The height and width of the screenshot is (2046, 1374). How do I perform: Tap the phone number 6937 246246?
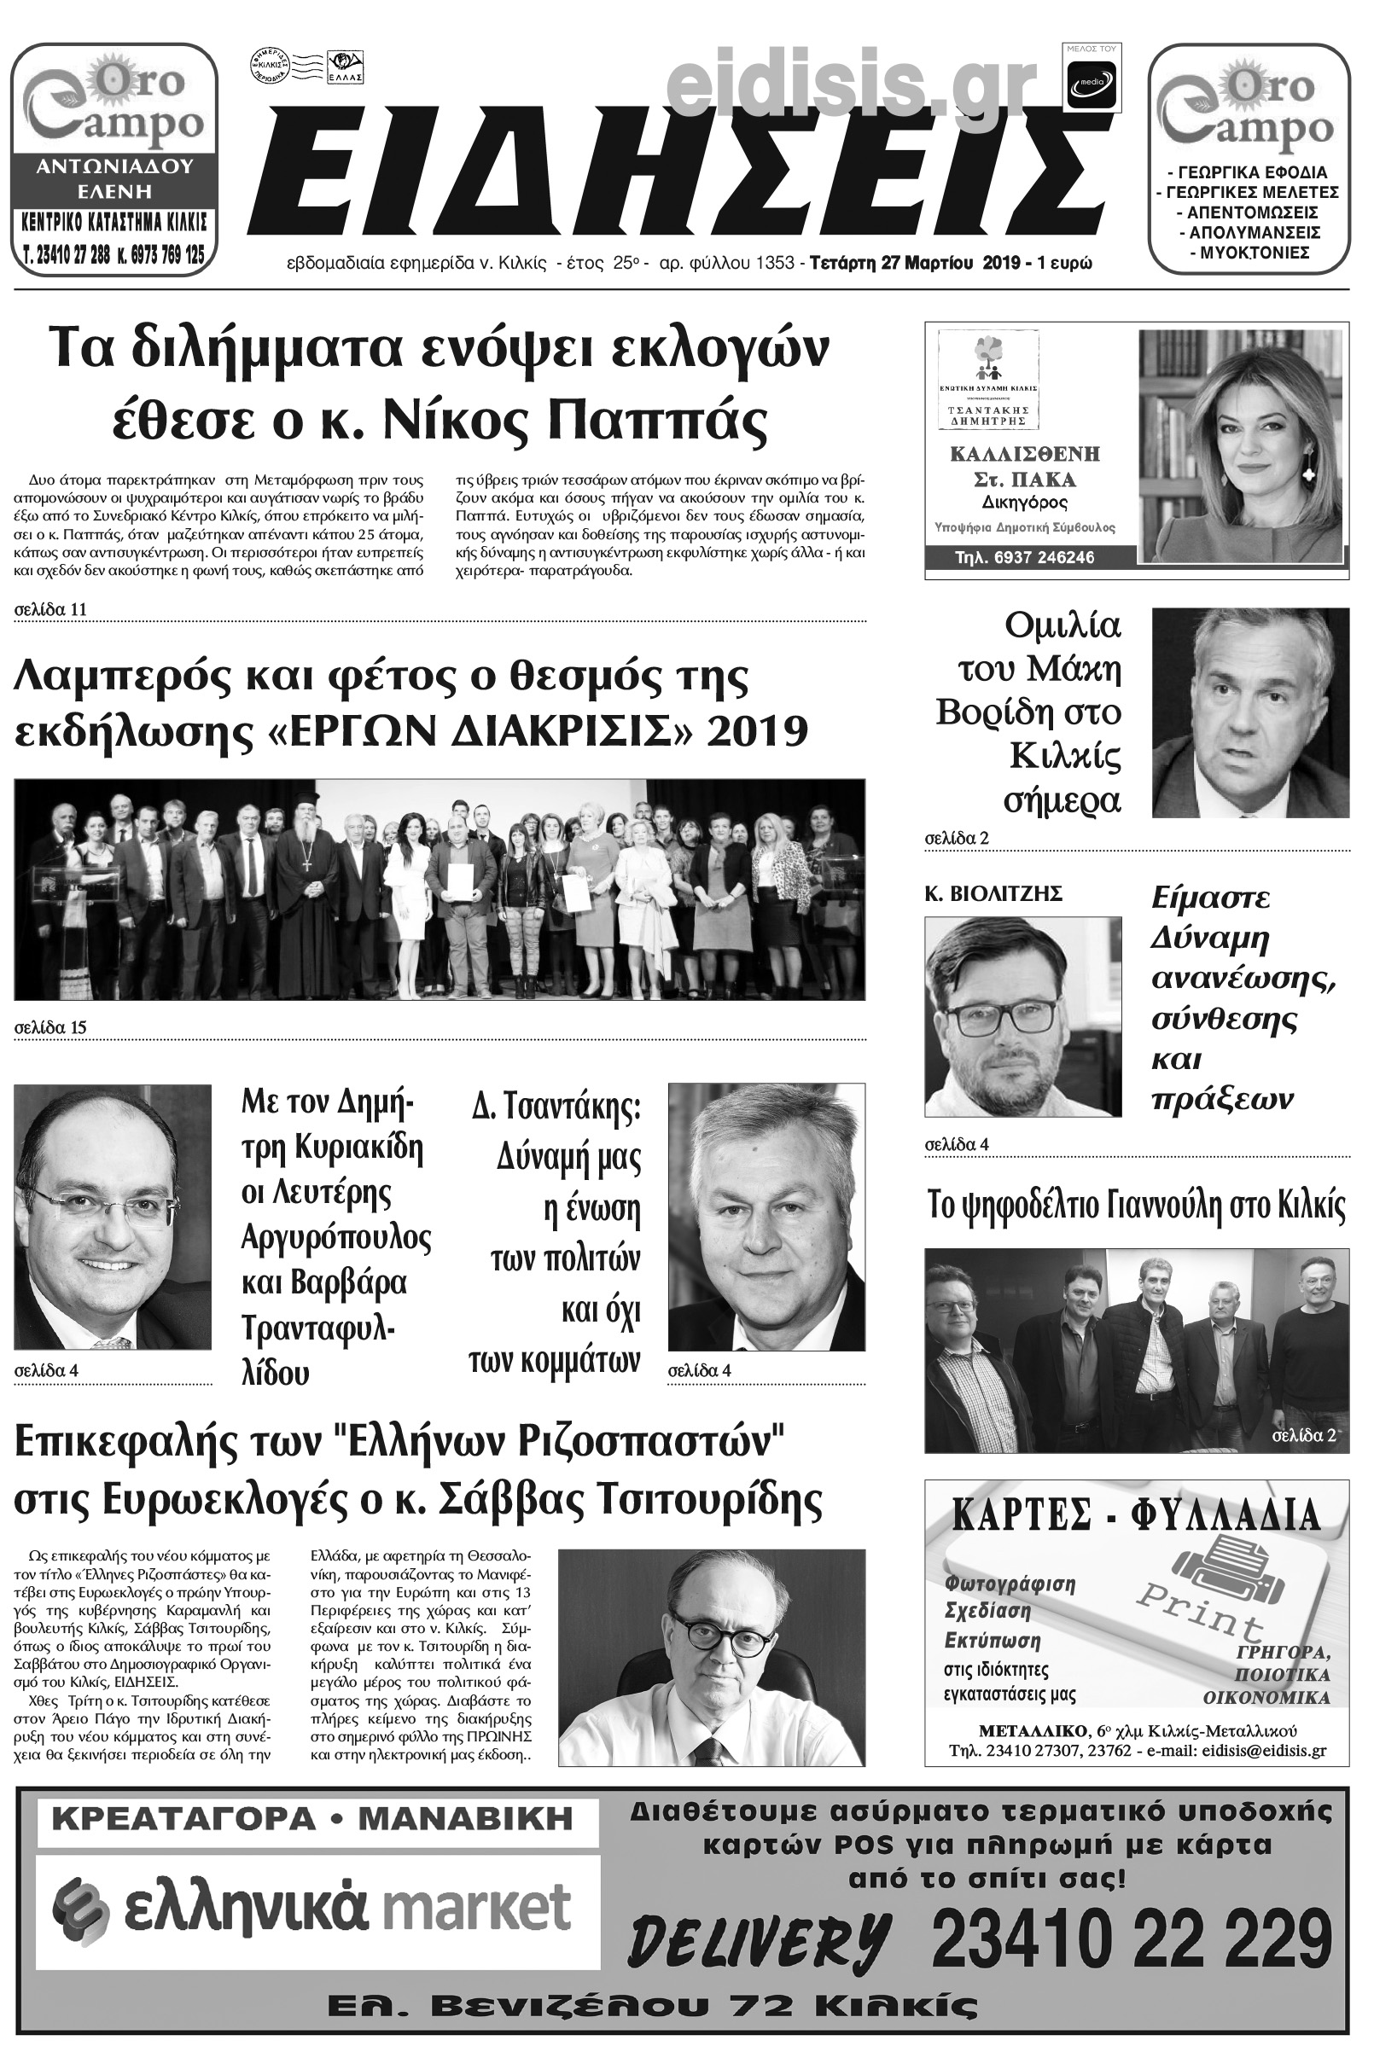point(1024,557)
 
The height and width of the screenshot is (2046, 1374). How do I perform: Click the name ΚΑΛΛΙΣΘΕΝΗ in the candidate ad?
point(1024,454)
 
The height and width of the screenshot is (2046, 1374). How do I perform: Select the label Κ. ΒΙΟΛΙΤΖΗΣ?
point(993,893)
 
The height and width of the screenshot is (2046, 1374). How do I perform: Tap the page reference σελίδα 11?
point(50,608)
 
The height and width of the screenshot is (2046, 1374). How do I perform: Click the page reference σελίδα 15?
point(50,1027)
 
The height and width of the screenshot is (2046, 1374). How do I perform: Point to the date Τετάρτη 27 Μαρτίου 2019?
point(918,263)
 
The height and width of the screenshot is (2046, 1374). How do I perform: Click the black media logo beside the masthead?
point(1092,86)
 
